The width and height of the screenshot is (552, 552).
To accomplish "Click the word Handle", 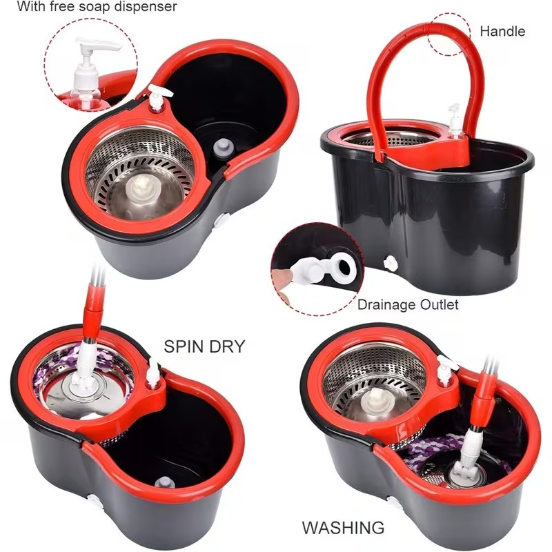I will coord(502,31).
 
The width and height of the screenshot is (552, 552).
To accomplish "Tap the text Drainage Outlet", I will coord(408,304).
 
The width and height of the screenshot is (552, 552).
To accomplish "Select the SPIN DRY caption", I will coord(204,346).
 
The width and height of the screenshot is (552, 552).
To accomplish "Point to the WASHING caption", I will coord(343,528).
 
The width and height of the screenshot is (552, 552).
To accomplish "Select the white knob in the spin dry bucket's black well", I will coord(163,482).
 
